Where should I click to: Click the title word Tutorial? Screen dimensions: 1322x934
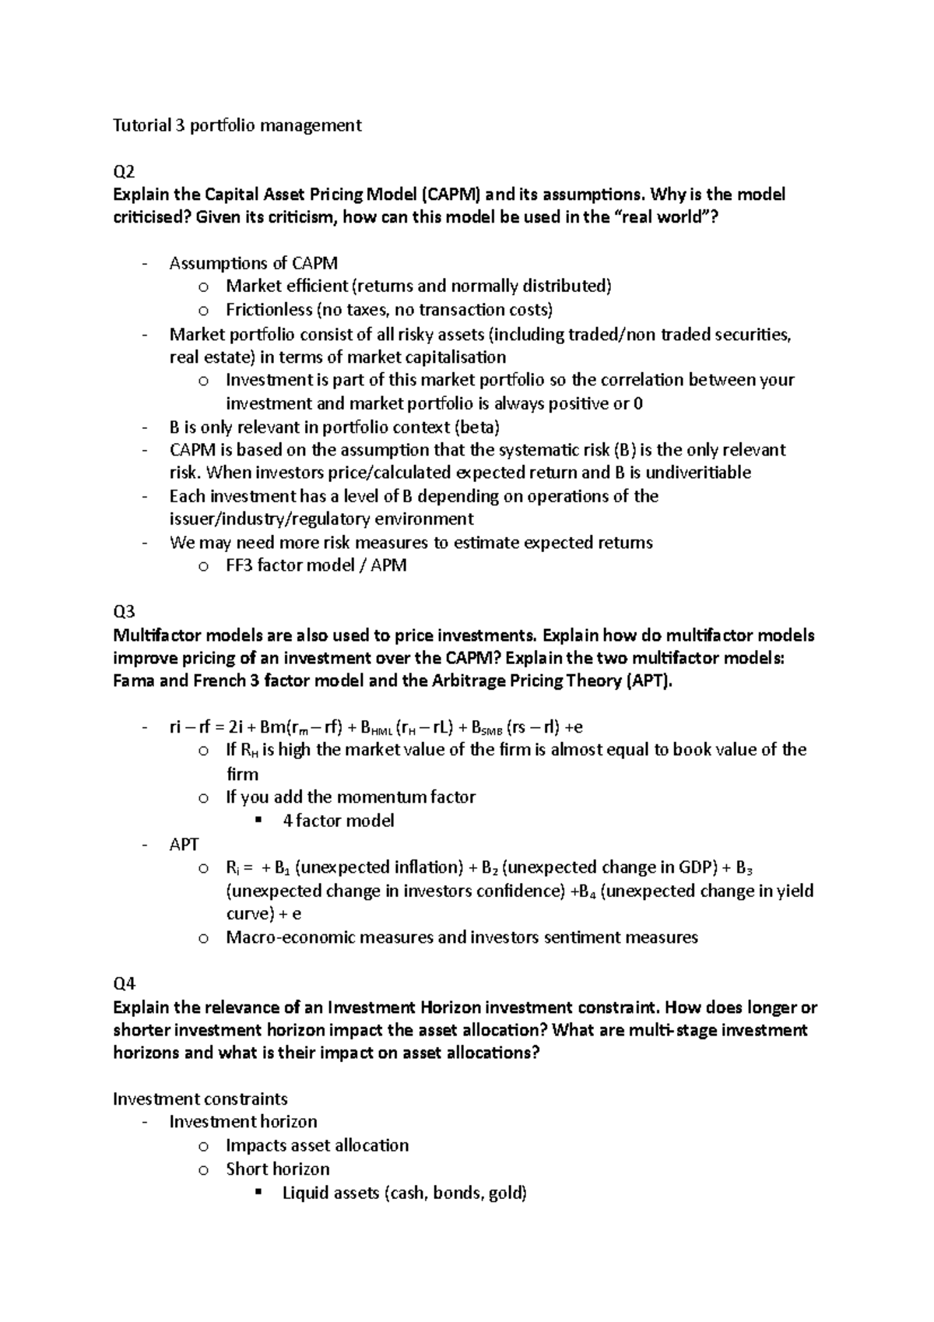pyautogui.click(x=141, y=125)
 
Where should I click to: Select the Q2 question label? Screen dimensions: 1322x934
pyautogui.click(x=125, y=171)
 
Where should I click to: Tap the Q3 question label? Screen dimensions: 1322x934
pyautogui.click(x=125, y=612)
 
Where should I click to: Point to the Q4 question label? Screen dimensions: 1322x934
pyautogui.click(x=125, y=984)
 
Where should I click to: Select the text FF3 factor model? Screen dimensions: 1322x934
pyautogui.click(x=287, y=565)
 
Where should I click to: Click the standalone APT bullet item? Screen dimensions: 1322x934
pyautogui.click(x=184, y=844)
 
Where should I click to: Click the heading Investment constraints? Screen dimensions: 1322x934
pyautogui.click(x=200, y=1099)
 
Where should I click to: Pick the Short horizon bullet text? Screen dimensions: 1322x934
pyautogui.click(x=277, y=1169)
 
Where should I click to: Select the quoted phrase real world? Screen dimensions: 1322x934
pyautogui.click(x=661, y=217)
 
